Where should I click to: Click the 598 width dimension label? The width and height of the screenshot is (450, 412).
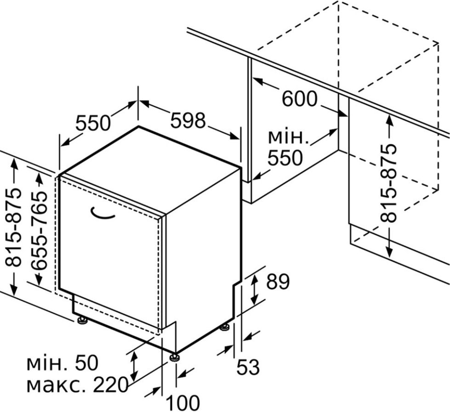coord(188,120)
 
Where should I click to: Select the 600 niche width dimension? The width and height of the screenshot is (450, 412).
coord(300,99)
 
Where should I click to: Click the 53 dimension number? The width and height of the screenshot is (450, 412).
coord(248,367)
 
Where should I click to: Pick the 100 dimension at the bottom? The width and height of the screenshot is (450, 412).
coord(183,403)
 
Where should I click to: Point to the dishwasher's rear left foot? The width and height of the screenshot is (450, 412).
coord(82,320)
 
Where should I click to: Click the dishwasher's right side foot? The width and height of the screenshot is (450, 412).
coord(224,327)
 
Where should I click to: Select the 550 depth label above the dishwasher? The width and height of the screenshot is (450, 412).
coord(93,123)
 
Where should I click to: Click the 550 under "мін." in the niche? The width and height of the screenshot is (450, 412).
coord(285,158)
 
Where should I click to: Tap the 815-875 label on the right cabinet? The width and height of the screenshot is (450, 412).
coord(388,183)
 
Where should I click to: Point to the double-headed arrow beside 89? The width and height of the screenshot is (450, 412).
coord(254,289)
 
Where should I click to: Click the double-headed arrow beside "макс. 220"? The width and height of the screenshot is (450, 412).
coord(134,366)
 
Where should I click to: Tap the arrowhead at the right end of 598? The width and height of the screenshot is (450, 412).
coord(234,136)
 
